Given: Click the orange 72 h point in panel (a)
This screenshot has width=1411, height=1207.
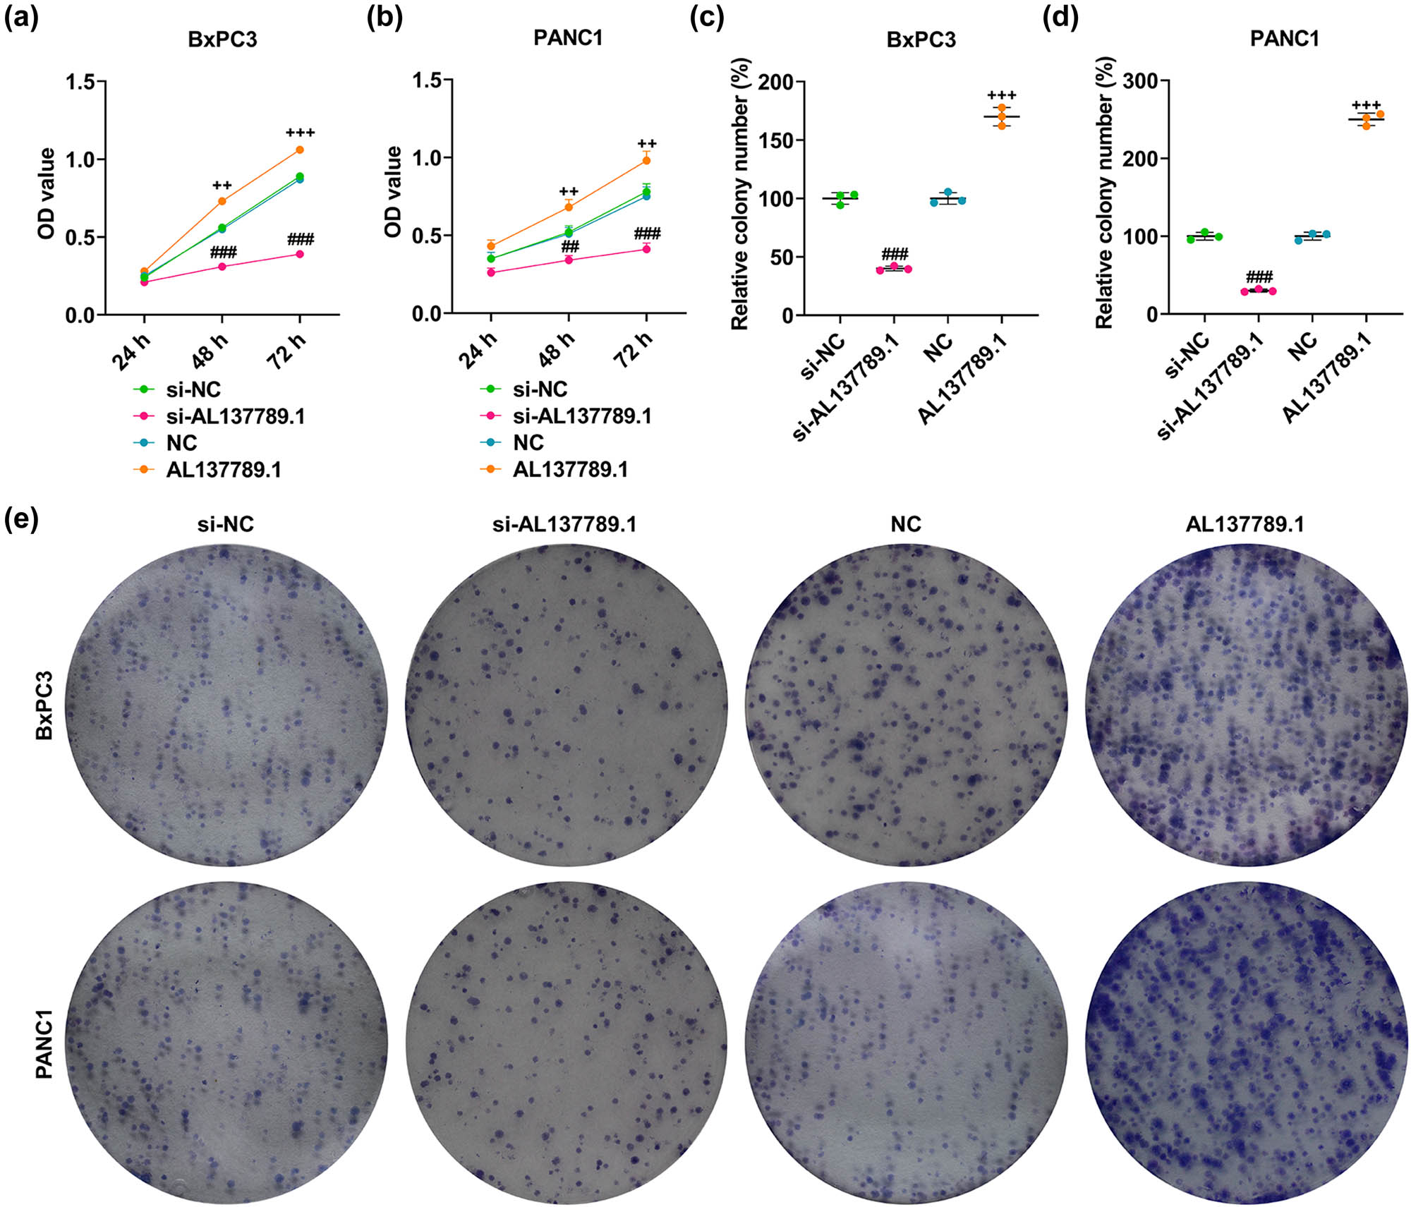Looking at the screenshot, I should [x=300, y=150].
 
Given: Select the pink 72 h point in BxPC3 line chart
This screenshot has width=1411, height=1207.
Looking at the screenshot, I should [x=300, y=254].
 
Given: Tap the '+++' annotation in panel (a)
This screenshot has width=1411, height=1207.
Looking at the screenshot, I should [x=300, y=133].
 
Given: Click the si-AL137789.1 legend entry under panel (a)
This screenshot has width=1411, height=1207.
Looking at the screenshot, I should [x=235, y=416].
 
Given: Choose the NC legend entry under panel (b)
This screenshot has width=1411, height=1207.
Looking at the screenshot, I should [x=528, y=443].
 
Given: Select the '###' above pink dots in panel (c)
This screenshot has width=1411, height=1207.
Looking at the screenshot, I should [x=895, y=254].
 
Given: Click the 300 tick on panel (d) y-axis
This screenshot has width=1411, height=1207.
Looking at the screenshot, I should [x=1140, y=80].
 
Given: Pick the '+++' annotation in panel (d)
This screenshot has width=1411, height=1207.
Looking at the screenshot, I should [x=1366, y=104].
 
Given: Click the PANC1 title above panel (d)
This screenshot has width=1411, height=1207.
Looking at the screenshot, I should [x=1284, y=38].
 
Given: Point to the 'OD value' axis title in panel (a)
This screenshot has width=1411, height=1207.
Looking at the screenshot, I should [x=47, y=194].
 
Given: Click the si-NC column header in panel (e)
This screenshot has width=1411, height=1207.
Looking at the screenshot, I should [x=225, y=524].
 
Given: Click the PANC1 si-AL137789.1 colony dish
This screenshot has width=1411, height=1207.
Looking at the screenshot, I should [x=565, y=1043].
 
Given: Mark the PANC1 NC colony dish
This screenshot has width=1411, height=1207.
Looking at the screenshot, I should [x=905, y=1043].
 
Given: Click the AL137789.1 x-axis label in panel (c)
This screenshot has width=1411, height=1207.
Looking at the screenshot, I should [x=963, y=380].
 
